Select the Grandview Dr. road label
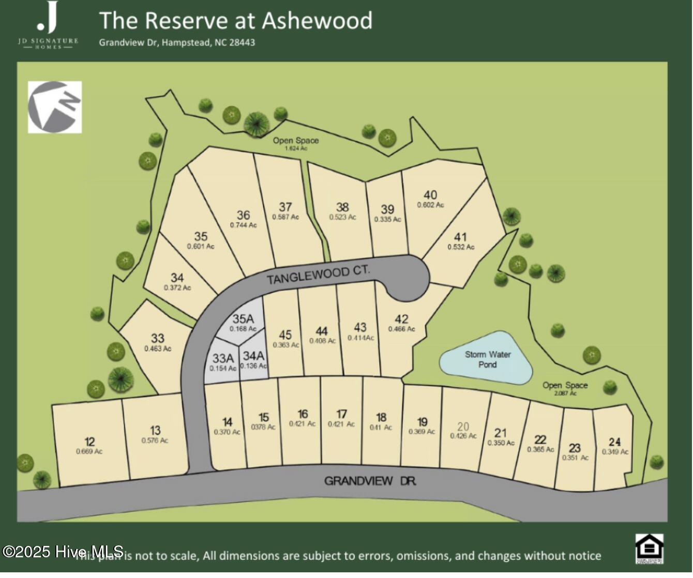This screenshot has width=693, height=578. click(370, 481)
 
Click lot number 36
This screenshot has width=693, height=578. click(243, 215)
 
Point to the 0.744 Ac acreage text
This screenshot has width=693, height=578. click(243, 225)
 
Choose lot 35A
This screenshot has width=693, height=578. click(243, 319)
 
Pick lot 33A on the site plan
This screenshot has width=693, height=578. click(223, 358)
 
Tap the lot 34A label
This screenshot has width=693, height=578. click(253, 356)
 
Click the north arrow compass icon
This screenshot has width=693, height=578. click(55, 107)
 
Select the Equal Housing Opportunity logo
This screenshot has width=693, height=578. click(649, 549)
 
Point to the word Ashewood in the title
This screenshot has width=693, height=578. click(317, 21)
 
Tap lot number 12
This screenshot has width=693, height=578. click(89, 442)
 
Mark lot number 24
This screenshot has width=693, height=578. click(614, 442)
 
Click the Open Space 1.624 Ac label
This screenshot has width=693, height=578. click(296, 143)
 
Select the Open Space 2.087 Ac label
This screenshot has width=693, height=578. click(565, 388)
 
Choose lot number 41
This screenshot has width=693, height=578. click(460, 237)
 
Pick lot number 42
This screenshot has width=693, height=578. click(401, 319)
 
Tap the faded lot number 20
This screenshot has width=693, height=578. click(463, 427)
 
